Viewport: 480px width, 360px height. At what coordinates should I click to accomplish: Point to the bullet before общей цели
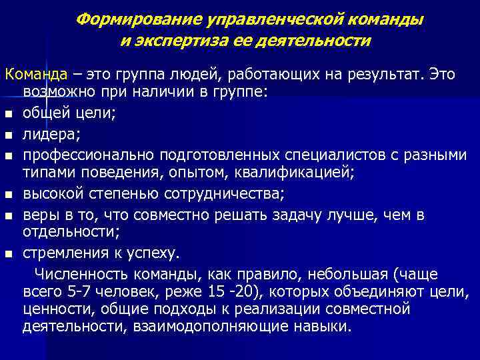[x=9, y=114]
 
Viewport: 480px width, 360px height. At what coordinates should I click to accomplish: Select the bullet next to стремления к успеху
[x=9, y=254]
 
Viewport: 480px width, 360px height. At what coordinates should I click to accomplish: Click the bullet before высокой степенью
[x=9, y=195]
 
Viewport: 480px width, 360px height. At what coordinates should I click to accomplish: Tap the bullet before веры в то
[x=9, y=216]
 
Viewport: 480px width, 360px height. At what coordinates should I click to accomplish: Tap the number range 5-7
[x=79, y=292]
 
